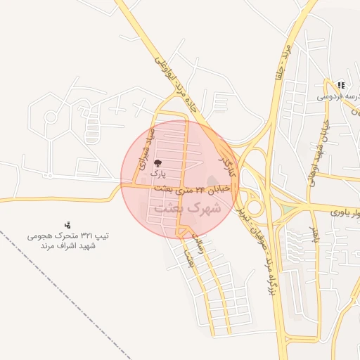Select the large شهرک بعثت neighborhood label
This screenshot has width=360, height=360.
(187, 209)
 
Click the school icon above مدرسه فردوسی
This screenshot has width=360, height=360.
(340, 85)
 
